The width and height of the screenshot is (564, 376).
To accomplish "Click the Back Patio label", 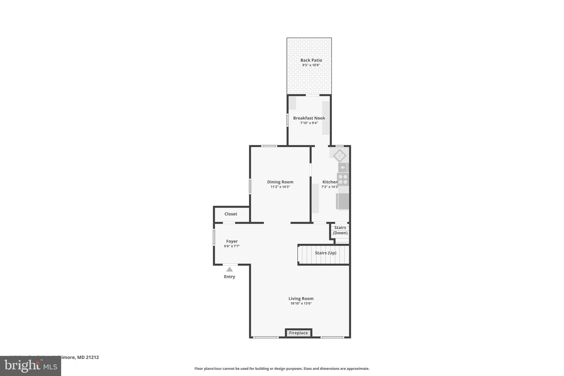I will pos(311,60).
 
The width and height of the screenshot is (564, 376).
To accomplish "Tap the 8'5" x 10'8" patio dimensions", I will pos(311,65).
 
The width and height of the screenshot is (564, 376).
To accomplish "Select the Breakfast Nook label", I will pos(309,118).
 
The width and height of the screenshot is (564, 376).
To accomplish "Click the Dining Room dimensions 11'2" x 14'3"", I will pos(280,187).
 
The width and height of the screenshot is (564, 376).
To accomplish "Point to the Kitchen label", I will pos(330,182).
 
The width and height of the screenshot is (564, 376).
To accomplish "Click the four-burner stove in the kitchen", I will pos(343,179).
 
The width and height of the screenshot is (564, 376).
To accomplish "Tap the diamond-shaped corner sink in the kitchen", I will pos(340,156).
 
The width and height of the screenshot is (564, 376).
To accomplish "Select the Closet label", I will pos(231,214).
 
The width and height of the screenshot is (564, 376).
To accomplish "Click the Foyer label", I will pos(232,241).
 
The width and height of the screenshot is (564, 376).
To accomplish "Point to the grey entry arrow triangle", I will pos(229,269).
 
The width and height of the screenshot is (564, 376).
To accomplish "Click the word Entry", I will pos(229,277).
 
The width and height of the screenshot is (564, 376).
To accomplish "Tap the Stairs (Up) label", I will pos(326,253).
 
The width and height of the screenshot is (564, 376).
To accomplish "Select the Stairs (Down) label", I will pos(340,230).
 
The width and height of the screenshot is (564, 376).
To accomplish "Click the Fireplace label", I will pos(298,333).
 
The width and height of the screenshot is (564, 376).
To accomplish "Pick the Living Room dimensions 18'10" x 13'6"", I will pos(301,304).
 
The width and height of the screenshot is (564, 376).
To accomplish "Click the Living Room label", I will pos(301,299).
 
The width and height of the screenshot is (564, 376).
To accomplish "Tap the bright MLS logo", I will pos(30,366).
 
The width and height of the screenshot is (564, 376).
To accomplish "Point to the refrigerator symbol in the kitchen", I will pos(343,201).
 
